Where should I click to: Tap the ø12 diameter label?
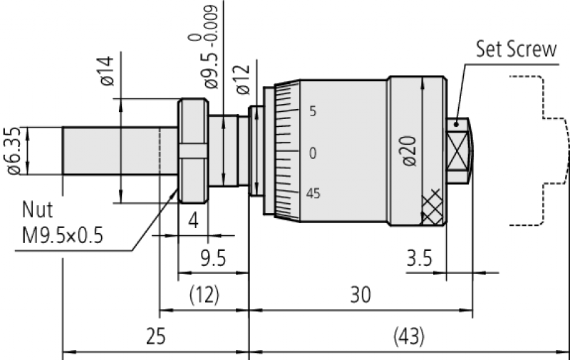pyautogui.click(x=242, y=80)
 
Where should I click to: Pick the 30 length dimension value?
pyautogui.click(x=361, y=295)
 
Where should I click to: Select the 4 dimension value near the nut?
pyautogui.click(x=192, y=220)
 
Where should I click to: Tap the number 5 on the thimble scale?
pyautogui.click(x=312, y=112)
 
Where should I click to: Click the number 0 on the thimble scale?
pyautogui.click(x=312, y=153)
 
